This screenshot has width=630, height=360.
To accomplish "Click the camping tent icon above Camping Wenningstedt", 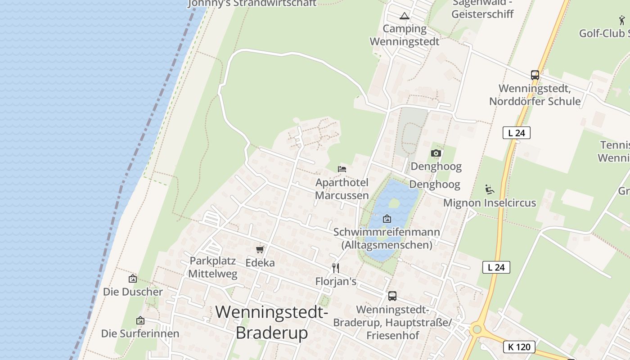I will (404, 16).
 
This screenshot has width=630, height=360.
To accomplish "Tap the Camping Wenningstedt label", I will (405, 35).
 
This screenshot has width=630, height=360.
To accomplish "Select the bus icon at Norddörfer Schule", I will (535, 75).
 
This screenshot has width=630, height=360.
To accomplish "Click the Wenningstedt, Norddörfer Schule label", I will (535, 94).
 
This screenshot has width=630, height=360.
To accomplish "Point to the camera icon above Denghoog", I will (436, 153).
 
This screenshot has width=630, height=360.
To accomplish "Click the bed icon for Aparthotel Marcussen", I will (342, 169).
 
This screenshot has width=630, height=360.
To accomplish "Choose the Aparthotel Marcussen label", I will (342, 189).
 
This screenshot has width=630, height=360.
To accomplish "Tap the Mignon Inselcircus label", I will (490, 203).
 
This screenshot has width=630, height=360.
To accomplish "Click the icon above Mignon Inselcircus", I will (490, 189).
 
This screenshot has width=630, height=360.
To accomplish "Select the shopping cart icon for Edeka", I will (260, 249).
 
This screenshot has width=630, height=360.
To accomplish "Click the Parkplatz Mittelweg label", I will (212, 267).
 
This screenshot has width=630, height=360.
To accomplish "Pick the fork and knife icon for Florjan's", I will (335, 268).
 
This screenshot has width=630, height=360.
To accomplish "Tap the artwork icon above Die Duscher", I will (132, 279).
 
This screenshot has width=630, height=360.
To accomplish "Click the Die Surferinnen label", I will (140, 333).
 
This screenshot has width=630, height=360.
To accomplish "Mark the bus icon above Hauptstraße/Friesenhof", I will (392, 296).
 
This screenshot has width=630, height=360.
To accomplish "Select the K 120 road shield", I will (519, 347).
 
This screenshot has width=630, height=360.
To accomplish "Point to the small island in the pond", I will (394, 203).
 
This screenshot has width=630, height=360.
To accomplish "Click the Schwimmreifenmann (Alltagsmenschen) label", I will (387, 238).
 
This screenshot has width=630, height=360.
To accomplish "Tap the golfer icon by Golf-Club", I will (622, 20).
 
